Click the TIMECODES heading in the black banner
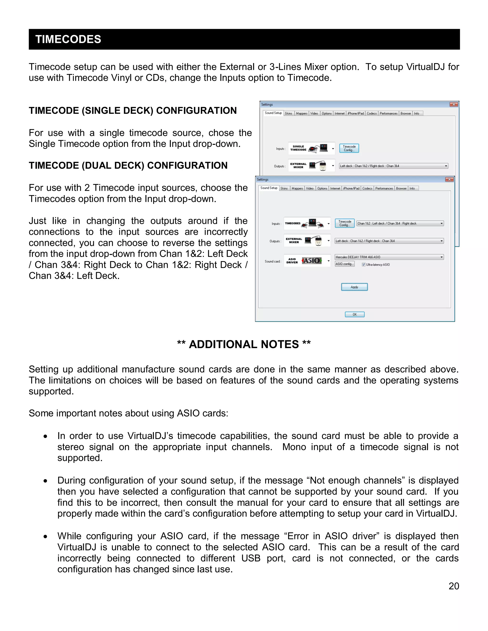tap(68, 39)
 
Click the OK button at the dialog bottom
tap(354, 314)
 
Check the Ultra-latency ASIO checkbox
tap(364, 265)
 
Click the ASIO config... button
tap(344, 264)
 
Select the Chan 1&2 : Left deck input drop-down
tap(400, 224)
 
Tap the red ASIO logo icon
tap(312, 260)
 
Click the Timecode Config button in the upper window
tap(349, 148)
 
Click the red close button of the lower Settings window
tap(449, 180)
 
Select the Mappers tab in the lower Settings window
tap(297, 188)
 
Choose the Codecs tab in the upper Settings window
tap(371, 114)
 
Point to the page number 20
tap(454, 586)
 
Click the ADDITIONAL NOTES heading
tap(244, 344)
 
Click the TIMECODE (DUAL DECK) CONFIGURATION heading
tap(128, 165)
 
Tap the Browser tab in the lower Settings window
tap(401, 188)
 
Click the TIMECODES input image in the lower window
tap(306, 223)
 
